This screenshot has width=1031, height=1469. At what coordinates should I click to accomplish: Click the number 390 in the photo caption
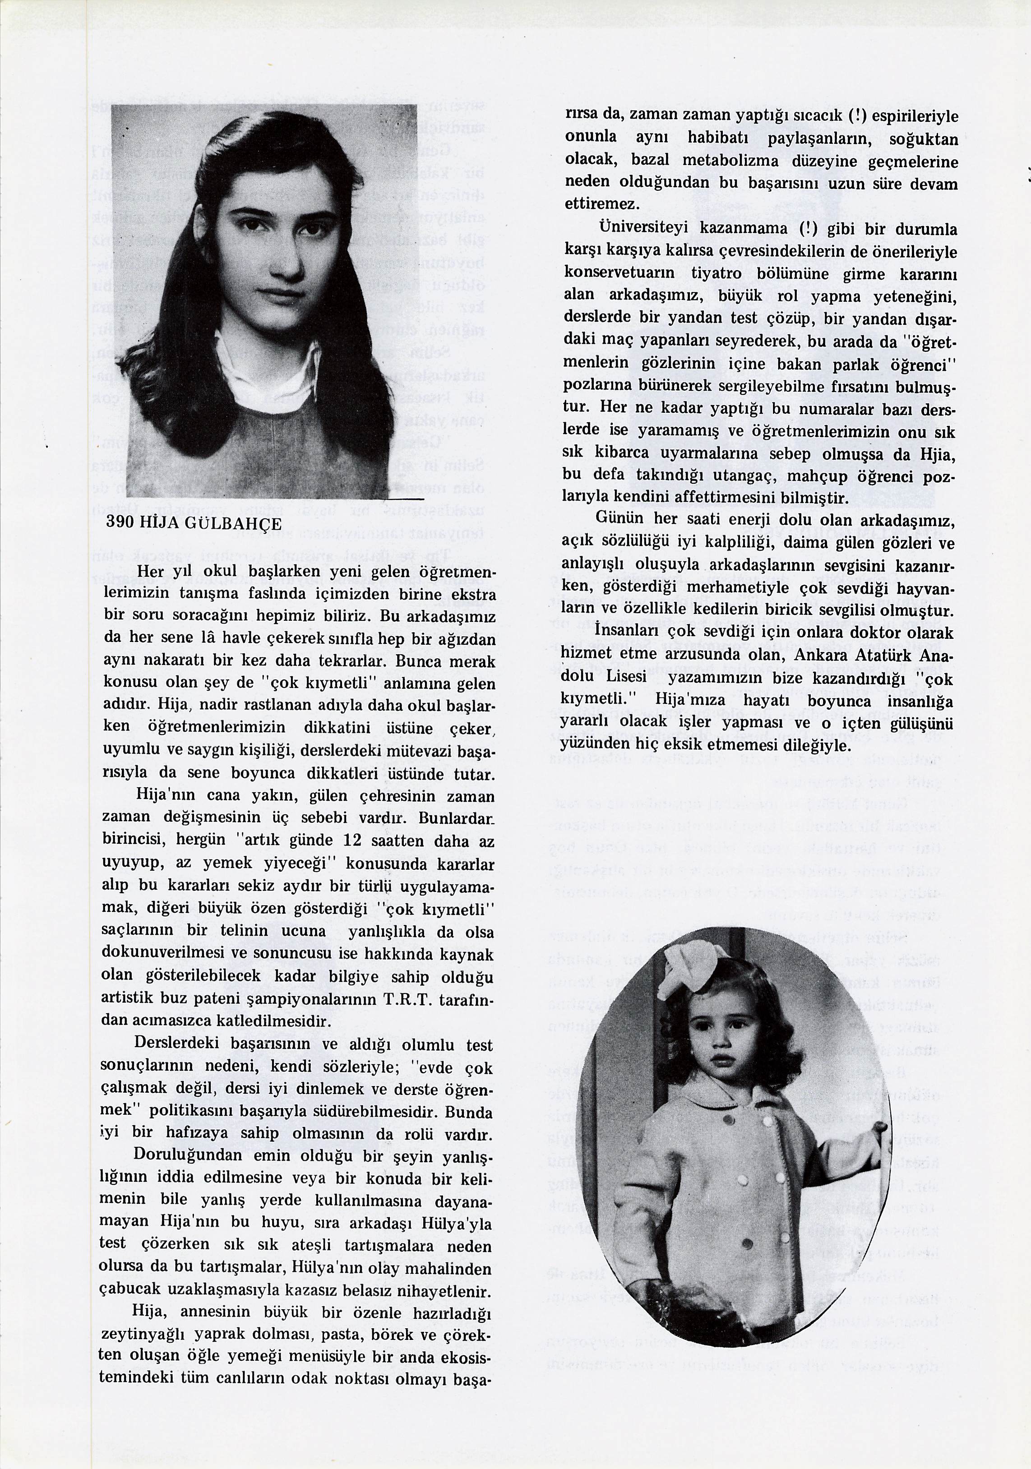coord(120,522)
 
